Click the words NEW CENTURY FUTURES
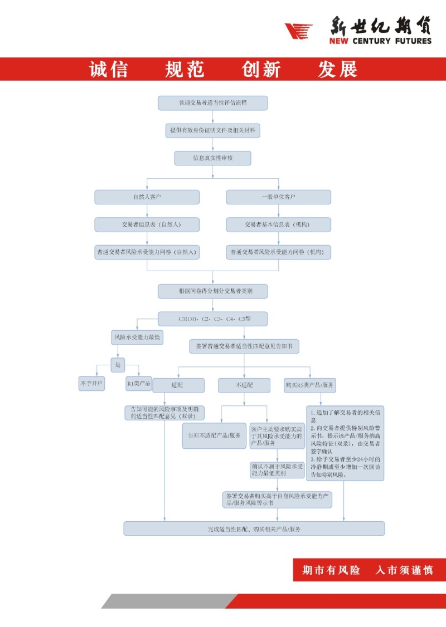point(380,41)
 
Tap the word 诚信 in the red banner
point(109,70)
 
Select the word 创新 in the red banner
point(261,70)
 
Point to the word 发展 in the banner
point(337,70)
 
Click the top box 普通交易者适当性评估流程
point(212,103)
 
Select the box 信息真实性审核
point(212,158)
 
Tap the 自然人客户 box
point(147,197)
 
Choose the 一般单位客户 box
point(278,197)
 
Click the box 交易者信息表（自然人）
point(147,224)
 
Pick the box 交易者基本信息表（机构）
point(278,224)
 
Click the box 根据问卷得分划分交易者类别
point(212,291)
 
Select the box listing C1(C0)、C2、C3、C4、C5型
point(212,319)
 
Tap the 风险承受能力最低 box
point(137,337)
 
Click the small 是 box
point(118,365)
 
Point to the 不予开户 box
point(91,384)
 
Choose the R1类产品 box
point(138,384)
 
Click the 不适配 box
point(244,385)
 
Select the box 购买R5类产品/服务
point(310,385)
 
